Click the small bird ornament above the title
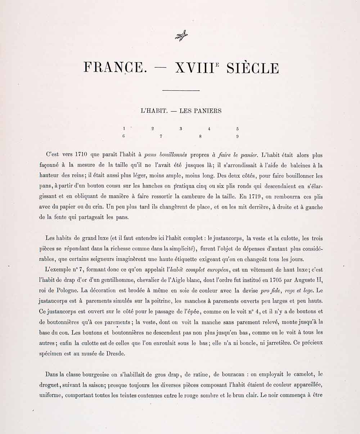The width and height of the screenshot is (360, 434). [x=181, y=36]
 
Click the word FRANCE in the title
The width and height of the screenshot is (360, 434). [x=113, y=68]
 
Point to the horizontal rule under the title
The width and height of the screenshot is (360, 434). [x=181, y=90]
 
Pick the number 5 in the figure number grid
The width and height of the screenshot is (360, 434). [x=238, y=128]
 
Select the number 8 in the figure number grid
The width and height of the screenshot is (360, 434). [x=200, y=136]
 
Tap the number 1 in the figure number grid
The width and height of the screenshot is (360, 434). [x=124, y=128]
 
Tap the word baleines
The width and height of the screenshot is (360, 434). [x=299, y=166]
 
